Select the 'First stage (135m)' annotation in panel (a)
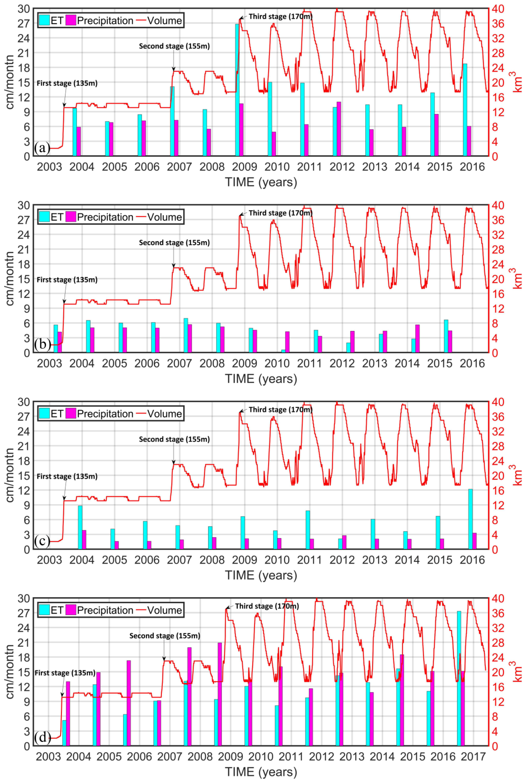(67, 83)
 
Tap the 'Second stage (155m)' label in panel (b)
(174, 243)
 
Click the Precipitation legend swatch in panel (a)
(71, 21)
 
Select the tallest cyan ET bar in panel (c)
(470, 519)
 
